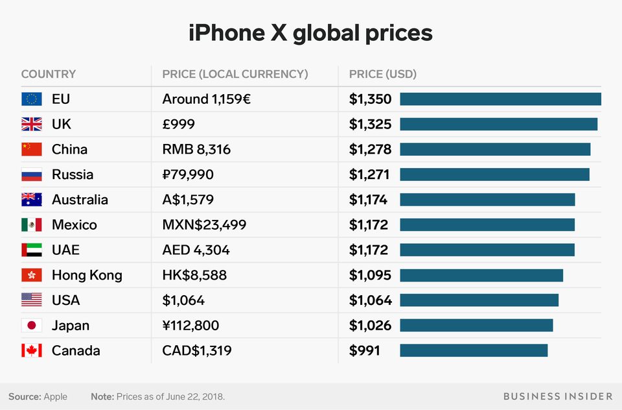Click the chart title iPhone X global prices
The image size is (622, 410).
(x=310, y=32)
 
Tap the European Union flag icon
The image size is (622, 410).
(x=31, y=99)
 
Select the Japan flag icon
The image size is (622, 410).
(x=31, y=326)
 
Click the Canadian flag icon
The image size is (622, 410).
(x=31, y=351)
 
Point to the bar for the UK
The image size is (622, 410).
(x=498, y=124)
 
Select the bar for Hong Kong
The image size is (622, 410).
(x=481, y=275)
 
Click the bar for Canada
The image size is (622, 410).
(x=474, y=351)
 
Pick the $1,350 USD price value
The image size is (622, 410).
(x=370, y=99)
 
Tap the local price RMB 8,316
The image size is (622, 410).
(x=196, y=149)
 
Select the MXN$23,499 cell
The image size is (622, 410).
(x=204, y=225)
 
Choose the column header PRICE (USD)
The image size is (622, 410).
(x=382, y=74)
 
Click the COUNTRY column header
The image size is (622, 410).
(x=48, y=74)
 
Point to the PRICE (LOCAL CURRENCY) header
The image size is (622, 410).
(x=235, y=74)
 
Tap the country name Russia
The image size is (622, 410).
(x=73, y=175)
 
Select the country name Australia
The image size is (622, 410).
(x=80, y=200)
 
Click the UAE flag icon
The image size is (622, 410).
(x=31, y=250)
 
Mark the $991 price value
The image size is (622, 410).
(x=364, y=351)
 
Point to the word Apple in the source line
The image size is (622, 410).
(x=55, y=396)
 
